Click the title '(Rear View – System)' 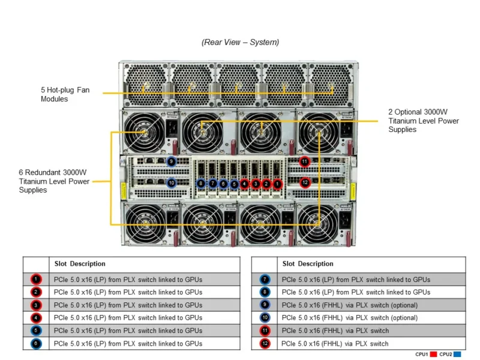[x=240, y=42]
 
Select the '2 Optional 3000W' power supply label [x=423, y=121]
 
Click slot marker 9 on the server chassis [x=171, y=161]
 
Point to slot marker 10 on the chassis [x=171, y=182]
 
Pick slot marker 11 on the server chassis [x=304, y=161]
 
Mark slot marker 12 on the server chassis [x=304, y=182]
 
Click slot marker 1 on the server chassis [x=277, y=184]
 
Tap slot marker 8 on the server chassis [x=201, y=184]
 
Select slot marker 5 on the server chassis [x=234, y=184]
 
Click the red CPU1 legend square [x=433, y=354]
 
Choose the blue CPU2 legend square [x=458, y=354]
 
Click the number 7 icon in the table [x=265, y=280]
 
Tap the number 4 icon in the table [x=36, y=318]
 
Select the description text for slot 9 [x=349, y=305]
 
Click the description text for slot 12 [x=335, y=344]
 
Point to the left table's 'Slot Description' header [x=80, y=264]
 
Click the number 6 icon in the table [x=36, y=344]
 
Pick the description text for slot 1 [x=128, y=280]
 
